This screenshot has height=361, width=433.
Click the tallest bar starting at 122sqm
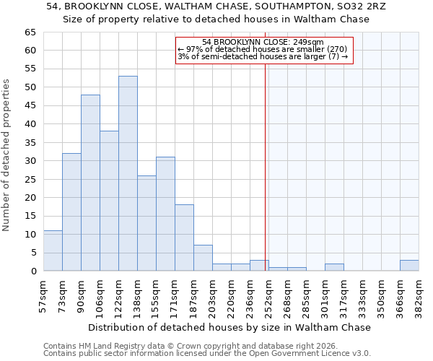coord(128,173)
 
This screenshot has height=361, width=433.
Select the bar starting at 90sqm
coord(90,183)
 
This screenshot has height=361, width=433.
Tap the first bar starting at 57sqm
coord(53,251)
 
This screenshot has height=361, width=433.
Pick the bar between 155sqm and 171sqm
coord(165,214)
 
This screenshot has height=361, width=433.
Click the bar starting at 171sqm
coord(184,238)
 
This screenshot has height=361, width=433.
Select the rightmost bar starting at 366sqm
coord(409,266)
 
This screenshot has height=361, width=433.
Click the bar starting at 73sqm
coord(71,212)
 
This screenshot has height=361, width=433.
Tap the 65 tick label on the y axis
coord(30,32)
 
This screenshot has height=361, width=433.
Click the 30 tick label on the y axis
coord(30,161)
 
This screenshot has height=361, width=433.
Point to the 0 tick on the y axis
coord(33,271)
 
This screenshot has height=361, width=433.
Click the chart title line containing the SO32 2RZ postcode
coord(216,6)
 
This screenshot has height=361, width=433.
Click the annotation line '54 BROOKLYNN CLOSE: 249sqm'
coord(263,43)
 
